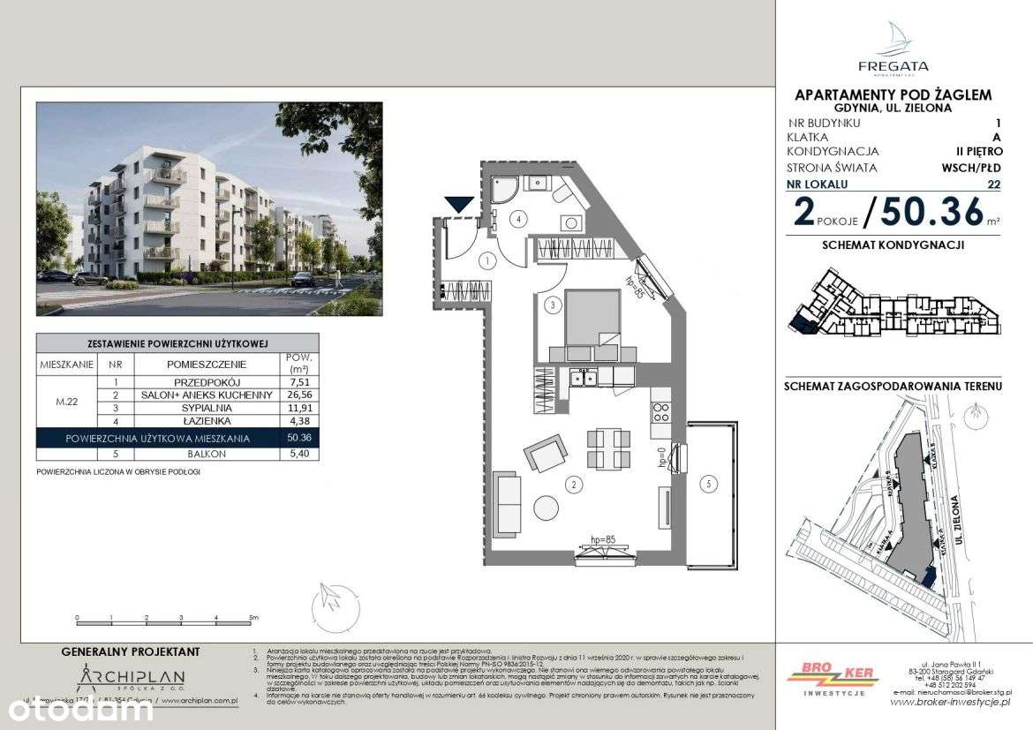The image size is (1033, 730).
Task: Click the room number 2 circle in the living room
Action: point(574,484)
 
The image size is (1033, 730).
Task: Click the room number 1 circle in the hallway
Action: point(486,260)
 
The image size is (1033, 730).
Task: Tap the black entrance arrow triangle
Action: point(458,205)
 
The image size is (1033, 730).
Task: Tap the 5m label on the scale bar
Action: point(253,618)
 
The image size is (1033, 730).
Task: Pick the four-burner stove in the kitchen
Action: point(659,411)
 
